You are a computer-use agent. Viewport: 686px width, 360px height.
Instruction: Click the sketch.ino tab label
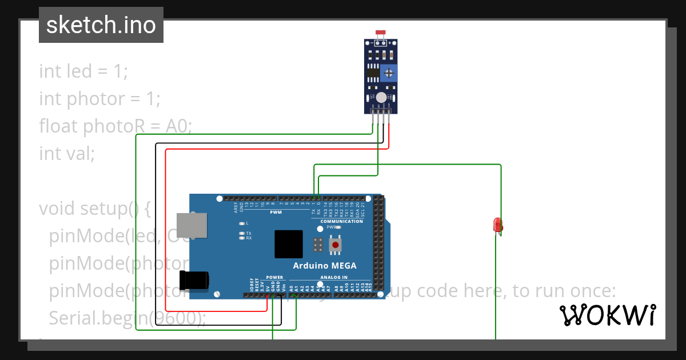point(101,25)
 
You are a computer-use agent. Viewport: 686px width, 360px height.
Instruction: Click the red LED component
point(497,225)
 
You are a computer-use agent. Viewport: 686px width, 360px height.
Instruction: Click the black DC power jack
point(194,280)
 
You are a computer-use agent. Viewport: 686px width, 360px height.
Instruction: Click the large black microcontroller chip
point(289,245)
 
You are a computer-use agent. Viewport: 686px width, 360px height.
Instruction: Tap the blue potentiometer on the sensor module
point(389,73)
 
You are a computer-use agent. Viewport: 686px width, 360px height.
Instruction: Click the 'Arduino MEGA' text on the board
point(325,266)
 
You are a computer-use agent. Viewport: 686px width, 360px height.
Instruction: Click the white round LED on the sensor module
point(381,98)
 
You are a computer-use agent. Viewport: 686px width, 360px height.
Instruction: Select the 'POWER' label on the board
point(274,278)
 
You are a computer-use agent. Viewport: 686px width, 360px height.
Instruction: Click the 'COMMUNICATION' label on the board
point(341,221)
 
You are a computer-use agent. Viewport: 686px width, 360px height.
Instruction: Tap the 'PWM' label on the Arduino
point(276,212)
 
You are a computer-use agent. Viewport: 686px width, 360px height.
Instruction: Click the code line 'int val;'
point(67,153)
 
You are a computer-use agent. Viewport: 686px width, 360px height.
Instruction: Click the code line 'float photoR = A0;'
point(115,126)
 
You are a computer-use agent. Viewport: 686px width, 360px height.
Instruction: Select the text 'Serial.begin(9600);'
point(127,318)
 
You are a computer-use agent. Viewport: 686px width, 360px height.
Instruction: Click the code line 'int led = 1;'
point(83,71)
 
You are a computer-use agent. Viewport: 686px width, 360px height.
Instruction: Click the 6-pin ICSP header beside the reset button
point(318,245)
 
